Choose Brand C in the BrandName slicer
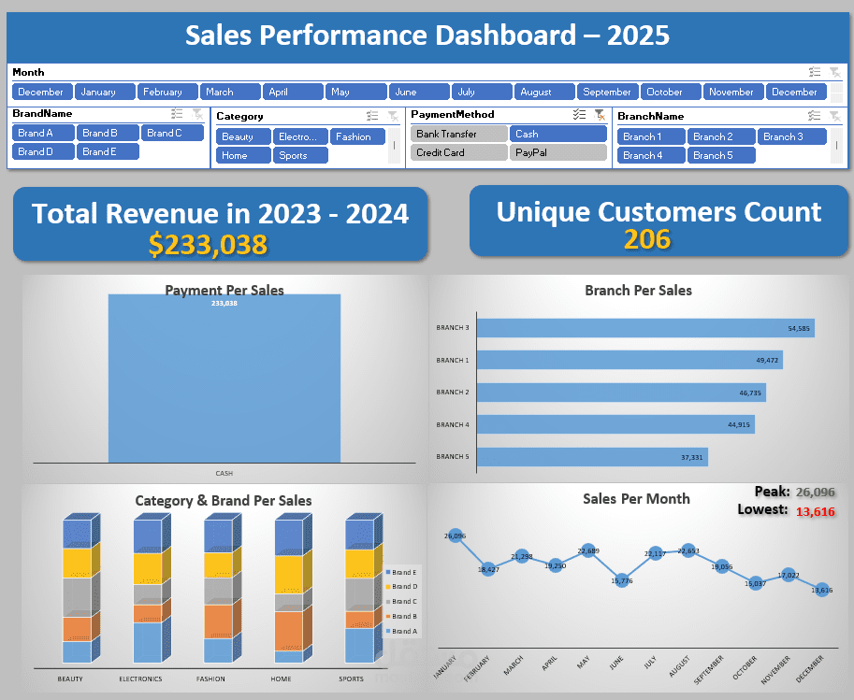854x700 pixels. click(x=172, y=133)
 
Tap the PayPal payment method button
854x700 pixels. click(x=557, y=152)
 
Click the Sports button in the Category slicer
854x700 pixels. click(x=300, y=155)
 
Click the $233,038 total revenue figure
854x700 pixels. click(x=208, y=245)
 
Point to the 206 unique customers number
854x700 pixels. click(x=647, y=240)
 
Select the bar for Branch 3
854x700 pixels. click(x=645, y=328)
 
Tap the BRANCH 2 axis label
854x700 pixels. click(x=452, y=393)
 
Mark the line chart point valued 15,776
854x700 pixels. click(x=622, y=580)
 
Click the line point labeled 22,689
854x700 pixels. click(x=588, y=551)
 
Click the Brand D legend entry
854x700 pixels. click(x=403, y=586)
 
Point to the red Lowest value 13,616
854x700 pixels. click(x=815, y=511)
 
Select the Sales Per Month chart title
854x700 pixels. click(x=636, y=499)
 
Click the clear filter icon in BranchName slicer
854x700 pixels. click(x=834, y=116)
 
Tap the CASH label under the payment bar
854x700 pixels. click(x=224, y=473)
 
